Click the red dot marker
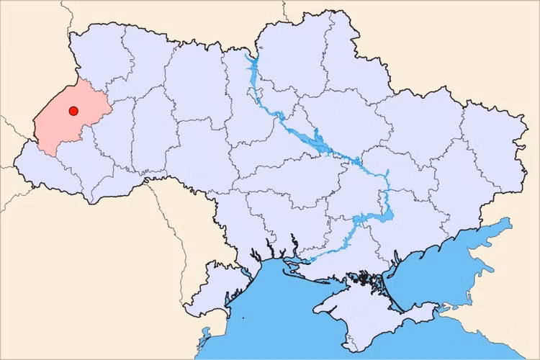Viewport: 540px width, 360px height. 73,111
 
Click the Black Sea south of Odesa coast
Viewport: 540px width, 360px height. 274,317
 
